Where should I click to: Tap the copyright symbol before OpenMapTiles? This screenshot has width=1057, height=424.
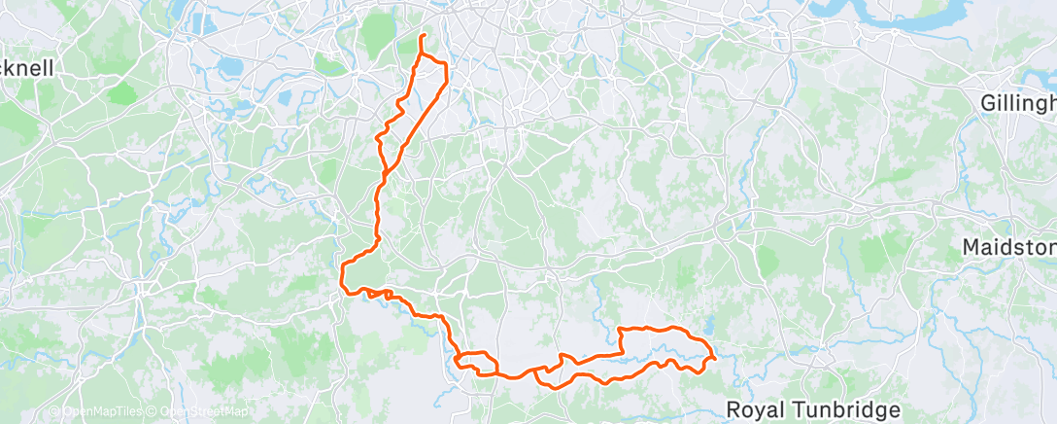coord(53,412)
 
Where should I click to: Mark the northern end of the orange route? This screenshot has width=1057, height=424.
coord(423,36)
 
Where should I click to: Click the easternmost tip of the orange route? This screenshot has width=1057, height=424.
coord(716,358)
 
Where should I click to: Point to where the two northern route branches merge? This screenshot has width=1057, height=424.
coord(386,173)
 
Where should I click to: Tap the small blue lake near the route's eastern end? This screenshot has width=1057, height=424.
coord(710,328)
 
